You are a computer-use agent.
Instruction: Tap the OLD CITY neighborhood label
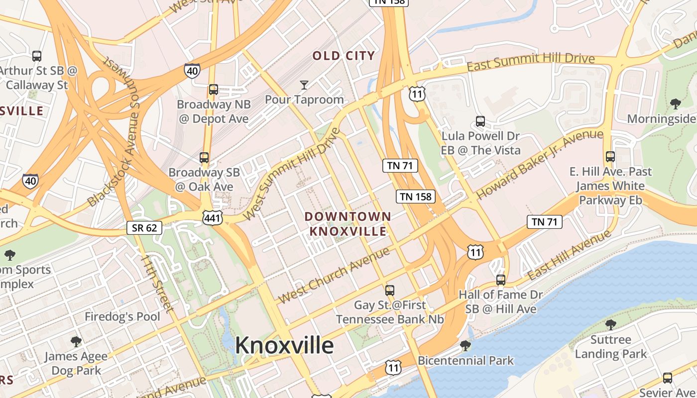344,56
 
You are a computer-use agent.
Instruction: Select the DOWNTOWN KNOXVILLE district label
348,224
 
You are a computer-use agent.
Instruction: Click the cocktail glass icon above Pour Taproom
304,85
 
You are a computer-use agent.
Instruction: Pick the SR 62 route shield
144,228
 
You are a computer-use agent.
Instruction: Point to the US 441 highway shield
212,217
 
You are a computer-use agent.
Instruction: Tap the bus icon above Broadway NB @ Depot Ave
214,90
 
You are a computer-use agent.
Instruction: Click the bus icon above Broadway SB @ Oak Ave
204,158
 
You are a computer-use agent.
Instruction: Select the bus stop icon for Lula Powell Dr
480,121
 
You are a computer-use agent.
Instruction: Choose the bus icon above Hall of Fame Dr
501,280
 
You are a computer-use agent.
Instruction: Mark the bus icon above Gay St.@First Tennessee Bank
390,290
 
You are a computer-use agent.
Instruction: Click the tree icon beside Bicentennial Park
465,345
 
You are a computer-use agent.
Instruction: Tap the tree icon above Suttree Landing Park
611,325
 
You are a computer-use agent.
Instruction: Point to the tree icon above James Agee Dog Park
76,341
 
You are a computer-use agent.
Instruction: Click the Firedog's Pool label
122,317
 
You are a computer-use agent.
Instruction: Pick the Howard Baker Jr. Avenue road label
540,163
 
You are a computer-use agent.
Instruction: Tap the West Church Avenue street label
334,275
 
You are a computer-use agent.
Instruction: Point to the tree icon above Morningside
676,104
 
